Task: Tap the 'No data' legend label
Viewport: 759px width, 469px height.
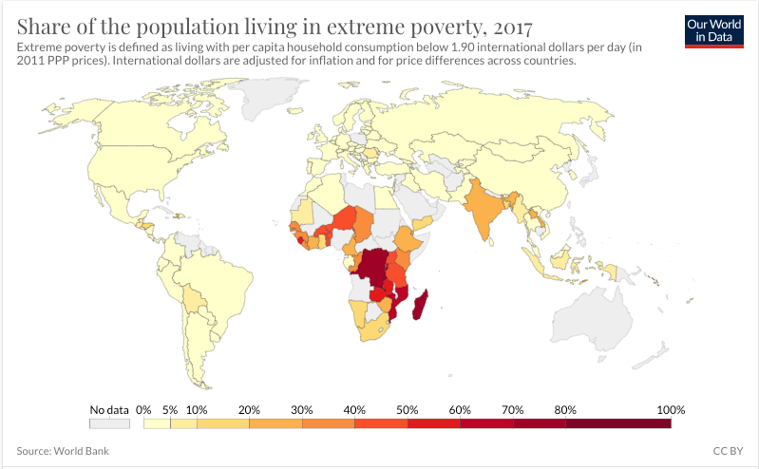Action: coord(109,409)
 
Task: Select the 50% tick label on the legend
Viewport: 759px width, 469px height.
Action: coord(408,409)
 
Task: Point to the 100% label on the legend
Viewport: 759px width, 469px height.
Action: coord(670,409)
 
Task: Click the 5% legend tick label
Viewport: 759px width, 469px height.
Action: coord(170,409)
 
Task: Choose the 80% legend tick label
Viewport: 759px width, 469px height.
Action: coord(565,409)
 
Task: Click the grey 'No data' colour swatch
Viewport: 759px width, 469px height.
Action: coord(109,423)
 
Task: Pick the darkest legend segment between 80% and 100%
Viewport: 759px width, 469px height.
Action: coord(617,423)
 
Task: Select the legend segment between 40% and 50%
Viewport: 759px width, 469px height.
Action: coord(381,423)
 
